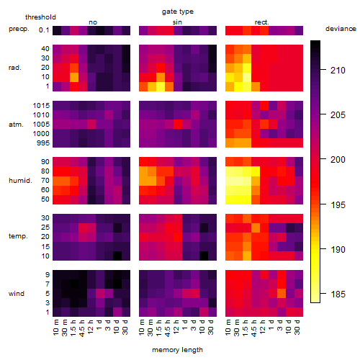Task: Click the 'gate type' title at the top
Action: tap(178, 12)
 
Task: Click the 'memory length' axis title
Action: tap(177, 350)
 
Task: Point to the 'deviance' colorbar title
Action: tap(341, 29)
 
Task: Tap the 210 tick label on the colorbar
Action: tap(338, 71)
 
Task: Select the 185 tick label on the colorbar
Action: tap(338, 294)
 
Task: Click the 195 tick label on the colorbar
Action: tap(338, 205)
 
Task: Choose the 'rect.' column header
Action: tap(262, 22)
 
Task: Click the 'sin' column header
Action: tap(177, 22)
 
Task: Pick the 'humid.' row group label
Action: tap(20, 181)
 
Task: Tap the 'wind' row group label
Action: tap(17, 294)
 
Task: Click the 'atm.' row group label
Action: tap(16, 125)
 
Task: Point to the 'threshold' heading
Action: tap(40, 17)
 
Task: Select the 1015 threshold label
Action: tap(41, 106)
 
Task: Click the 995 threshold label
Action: tap(43, 143)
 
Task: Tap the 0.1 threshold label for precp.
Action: tap(44, 30)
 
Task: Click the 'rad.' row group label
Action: tap(15, 68)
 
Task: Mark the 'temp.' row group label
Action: tap(18, 236)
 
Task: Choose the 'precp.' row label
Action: tap(19, 30)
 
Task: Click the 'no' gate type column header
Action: tap(93, 22)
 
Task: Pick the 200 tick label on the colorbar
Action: tap(338, 160)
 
